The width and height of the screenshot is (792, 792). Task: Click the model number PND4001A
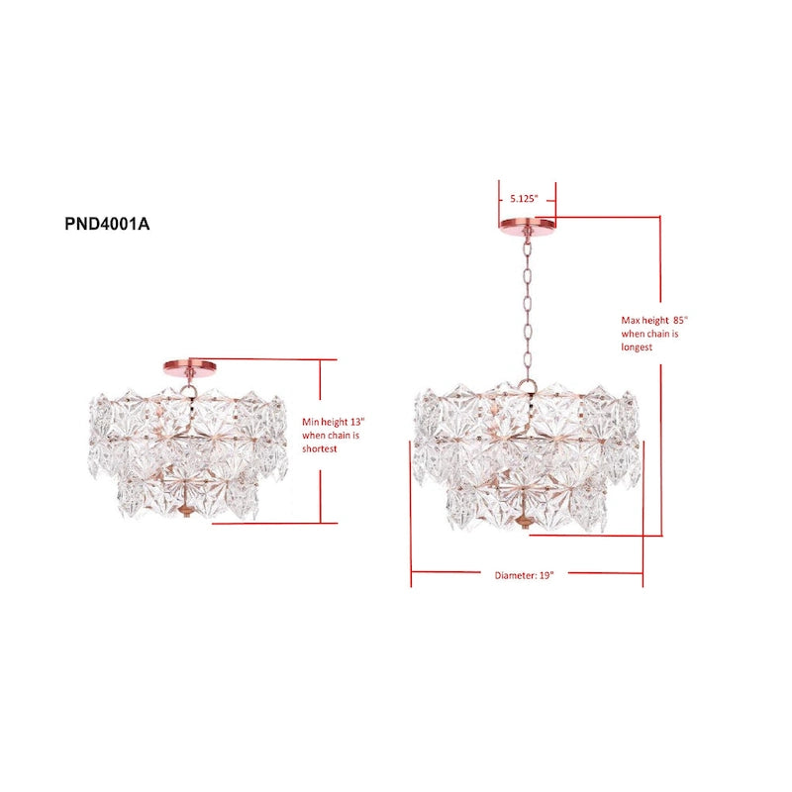pos(107,224)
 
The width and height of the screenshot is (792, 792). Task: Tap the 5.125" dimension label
pos(524,198)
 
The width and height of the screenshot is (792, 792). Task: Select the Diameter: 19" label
pos(524,574)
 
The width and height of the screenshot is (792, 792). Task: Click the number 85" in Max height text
pos(678,321)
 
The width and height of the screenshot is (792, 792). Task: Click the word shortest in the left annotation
pos(321,448)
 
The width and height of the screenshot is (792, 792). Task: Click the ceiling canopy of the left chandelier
pos(189,366)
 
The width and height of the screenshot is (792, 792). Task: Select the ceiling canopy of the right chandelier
pos(528,223)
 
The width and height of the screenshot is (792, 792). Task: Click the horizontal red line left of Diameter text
pos(450,571)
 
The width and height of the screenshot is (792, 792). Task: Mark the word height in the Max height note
pos(656,321)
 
